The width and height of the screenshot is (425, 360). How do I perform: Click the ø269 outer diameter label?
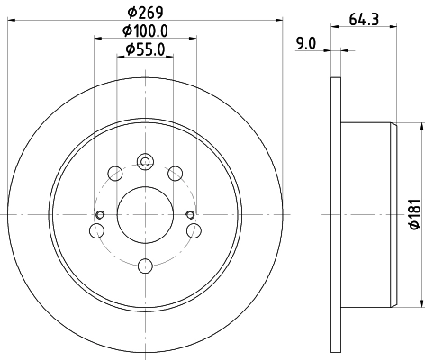(x=145, y=13)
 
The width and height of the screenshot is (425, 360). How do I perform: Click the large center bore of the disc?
(x=145, y=213)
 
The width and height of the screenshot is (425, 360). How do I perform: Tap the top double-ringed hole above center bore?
(x=145, y=162)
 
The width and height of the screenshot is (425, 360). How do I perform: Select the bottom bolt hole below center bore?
(x=145, y=265)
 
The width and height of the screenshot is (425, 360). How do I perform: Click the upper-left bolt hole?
(x=114, y=173)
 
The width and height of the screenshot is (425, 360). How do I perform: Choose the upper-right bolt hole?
(x=176, y=173)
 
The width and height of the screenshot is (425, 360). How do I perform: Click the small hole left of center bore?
(x=100, y=213)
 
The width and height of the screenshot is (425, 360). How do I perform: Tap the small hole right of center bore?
(x=190, y=213)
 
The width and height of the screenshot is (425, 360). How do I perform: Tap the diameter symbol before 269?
(x=131, y=13)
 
